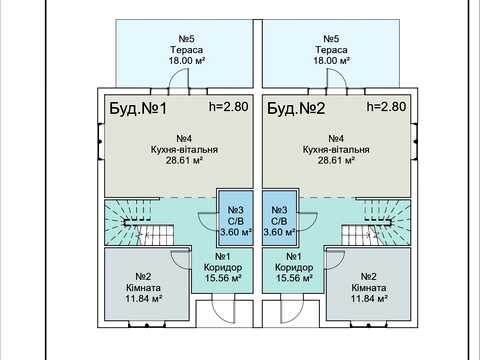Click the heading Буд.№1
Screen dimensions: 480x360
[x=138, y=109]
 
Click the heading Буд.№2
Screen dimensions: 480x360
[x=296, y=109]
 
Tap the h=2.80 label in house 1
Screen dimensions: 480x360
[x=229, y=106]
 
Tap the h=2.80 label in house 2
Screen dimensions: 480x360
[x=386, y=106]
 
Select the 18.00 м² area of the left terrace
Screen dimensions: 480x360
[x=187, y=61]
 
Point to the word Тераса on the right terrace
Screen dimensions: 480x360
[x=331, y=50]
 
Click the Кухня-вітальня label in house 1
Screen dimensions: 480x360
[x=184, y=149]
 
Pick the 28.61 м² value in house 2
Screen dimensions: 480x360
[x=336, y=160]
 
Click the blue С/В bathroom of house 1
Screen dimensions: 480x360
[x=235, y=218]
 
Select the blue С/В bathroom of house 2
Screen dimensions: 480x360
[x=279, y=218]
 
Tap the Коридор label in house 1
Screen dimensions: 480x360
[x=223, y=267]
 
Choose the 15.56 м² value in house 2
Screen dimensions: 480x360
[x=294, y=278]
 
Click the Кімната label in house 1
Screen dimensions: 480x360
[x=143, y=287]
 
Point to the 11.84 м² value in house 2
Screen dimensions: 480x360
[x=369, y=298]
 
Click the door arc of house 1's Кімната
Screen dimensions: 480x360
[x=177, y=263]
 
